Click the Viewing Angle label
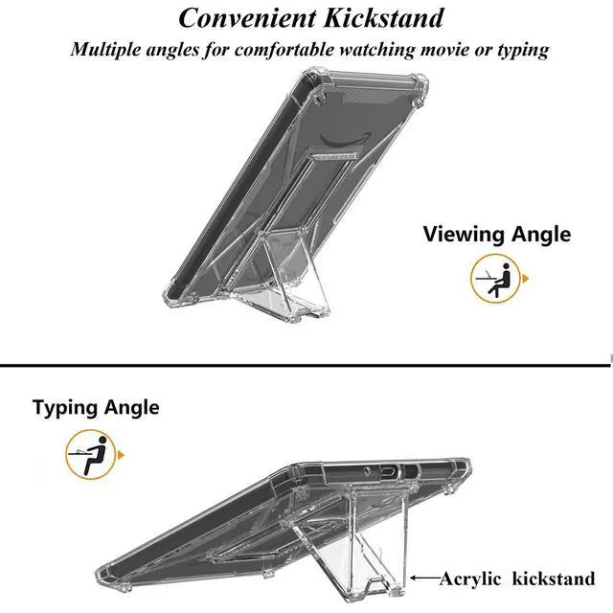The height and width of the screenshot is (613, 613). point(496,235)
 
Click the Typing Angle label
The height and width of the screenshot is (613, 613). point(96,407)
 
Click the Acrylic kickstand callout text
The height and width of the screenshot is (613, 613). point(517,579)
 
